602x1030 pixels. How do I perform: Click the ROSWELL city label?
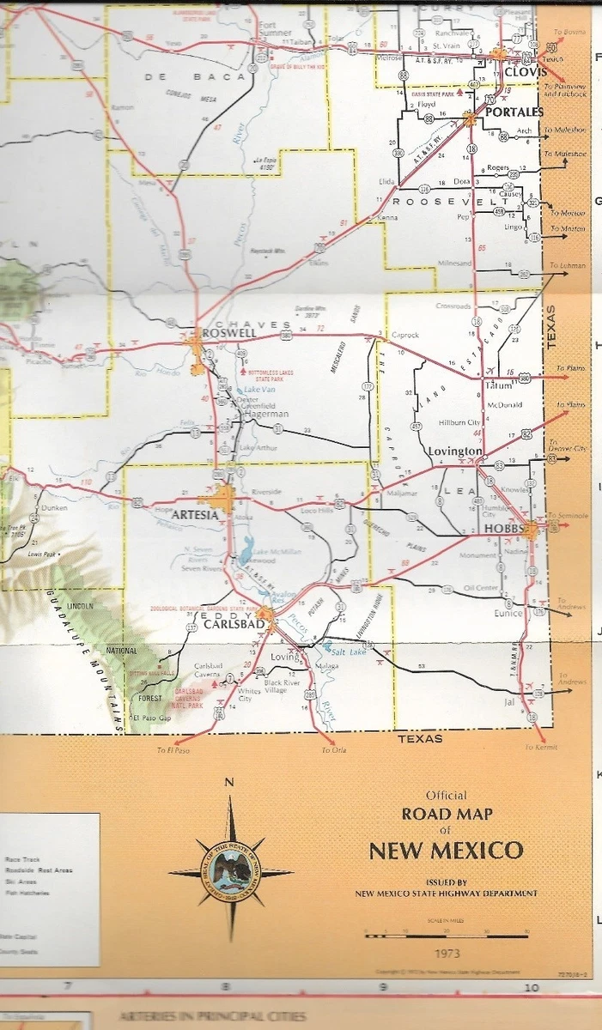click(228, 332)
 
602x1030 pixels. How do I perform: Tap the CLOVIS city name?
click(526, 73)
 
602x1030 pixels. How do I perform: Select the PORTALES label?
click(514, 112)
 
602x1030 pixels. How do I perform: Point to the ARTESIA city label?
click(195, 514)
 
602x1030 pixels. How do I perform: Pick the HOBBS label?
click(504, 529)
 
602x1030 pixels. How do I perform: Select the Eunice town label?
click(508, 613)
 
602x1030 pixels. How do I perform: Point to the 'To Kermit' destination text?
click(540, 748)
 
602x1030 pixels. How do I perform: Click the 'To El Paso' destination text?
click(172, 750)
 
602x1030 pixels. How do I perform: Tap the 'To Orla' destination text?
click(333, 750)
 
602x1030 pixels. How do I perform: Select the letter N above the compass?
click(228, 782)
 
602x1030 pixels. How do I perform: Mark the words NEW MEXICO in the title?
click(446, 851)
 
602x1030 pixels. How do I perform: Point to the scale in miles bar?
click(446, 936)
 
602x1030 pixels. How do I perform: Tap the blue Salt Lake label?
click(345, 652)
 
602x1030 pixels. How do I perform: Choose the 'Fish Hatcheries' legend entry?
click(27, 893)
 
